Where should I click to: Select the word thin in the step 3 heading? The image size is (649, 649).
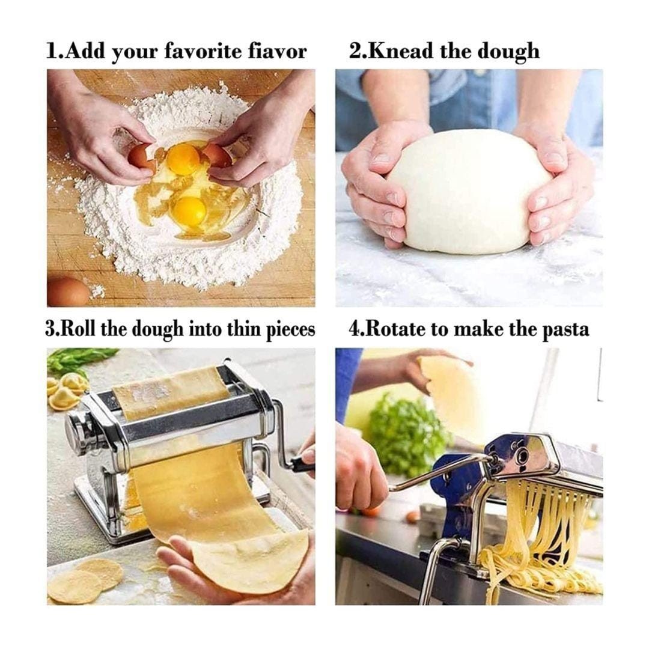tap(244, 329)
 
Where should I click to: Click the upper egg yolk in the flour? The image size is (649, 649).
tap(182, 159)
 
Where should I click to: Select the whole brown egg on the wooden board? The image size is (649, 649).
tap(68, 292)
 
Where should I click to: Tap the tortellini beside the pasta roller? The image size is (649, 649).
tap(66, 391)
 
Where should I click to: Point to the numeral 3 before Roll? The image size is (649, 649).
tap(50, 329)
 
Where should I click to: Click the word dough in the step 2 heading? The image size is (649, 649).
tap(509, 52)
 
